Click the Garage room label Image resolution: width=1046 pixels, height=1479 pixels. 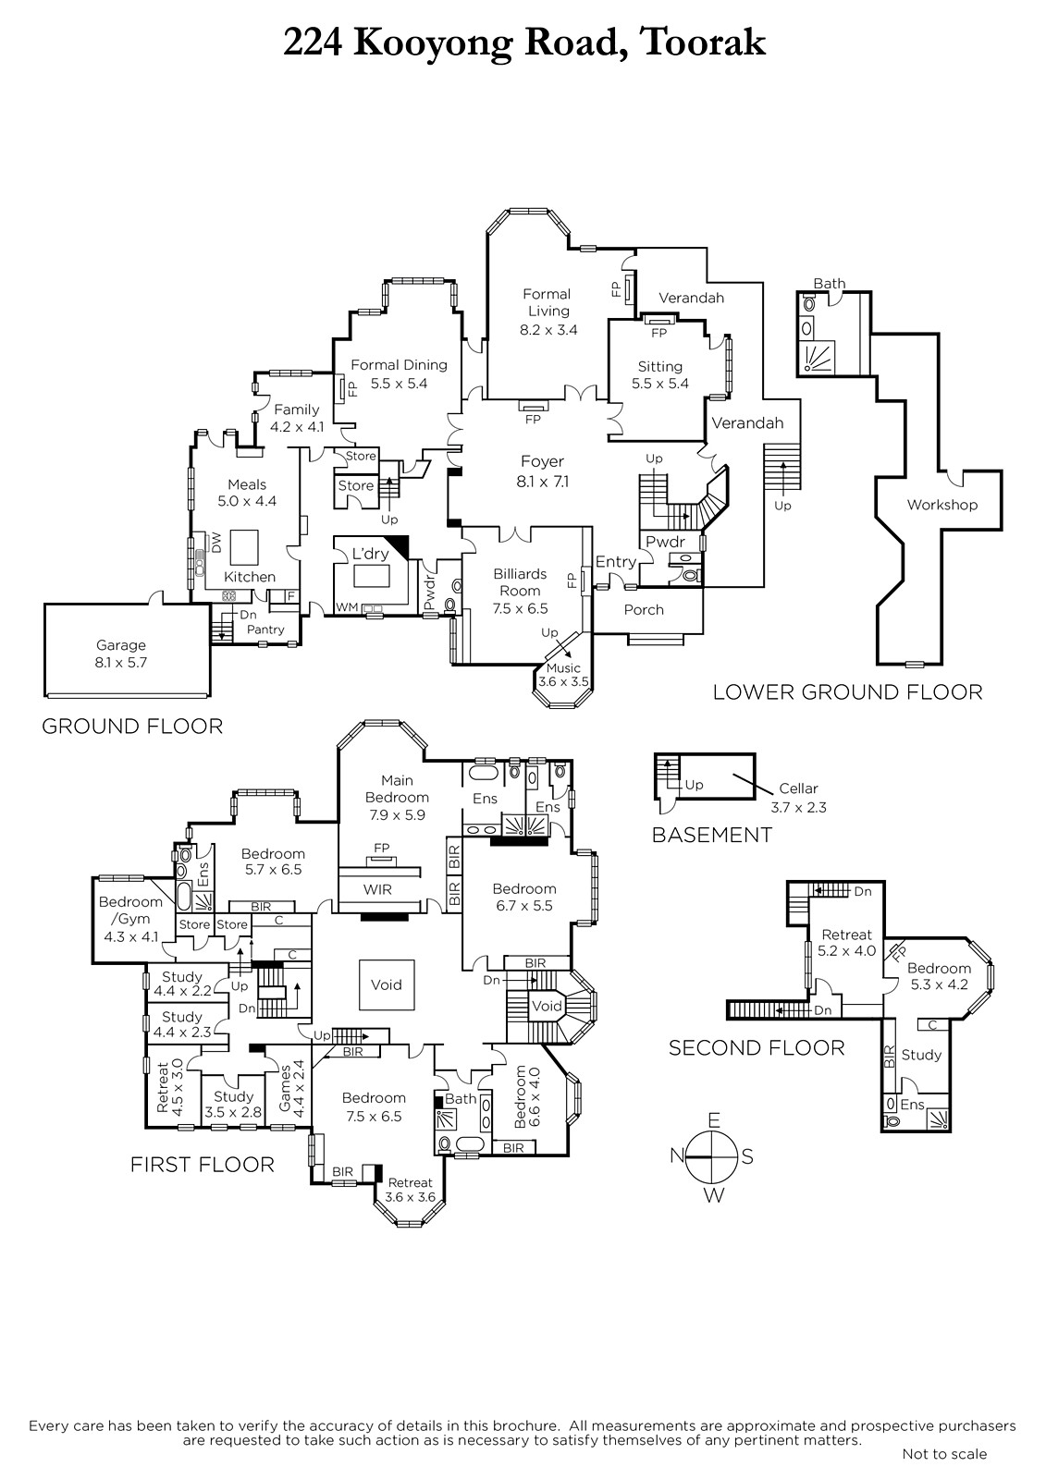[x=121, y=646]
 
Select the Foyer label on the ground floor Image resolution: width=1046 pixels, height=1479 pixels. [x=542, y=462]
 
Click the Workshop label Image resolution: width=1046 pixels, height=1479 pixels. [x=941, y=505]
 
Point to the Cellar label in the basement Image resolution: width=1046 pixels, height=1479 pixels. [x=798, y=788]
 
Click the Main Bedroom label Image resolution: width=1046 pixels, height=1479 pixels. [x=397, y=788]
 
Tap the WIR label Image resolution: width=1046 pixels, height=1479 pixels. [x=377, y=889]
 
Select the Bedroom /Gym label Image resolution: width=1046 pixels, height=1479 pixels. [x=130, y=911]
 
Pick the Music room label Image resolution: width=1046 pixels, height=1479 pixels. [x=563, y=668]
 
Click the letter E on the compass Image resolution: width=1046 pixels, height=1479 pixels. [x=713, y=1120]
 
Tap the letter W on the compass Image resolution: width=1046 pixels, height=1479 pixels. [x=714, y=1195]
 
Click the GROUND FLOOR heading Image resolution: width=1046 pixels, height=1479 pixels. [x=132, y=727]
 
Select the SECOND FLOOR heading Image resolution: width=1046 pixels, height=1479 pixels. [x=757, y=1047]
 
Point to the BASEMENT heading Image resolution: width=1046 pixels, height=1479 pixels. [x=711, y=835]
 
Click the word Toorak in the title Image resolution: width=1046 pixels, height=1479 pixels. [x=702, y=43]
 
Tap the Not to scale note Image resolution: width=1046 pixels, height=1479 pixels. [x=944, y=1454]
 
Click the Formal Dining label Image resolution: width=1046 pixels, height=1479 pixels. [x=399, y=365]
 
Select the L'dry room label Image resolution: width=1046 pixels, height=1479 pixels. [x=371, y=555]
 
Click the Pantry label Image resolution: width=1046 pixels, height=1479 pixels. [x=265, y=629]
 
